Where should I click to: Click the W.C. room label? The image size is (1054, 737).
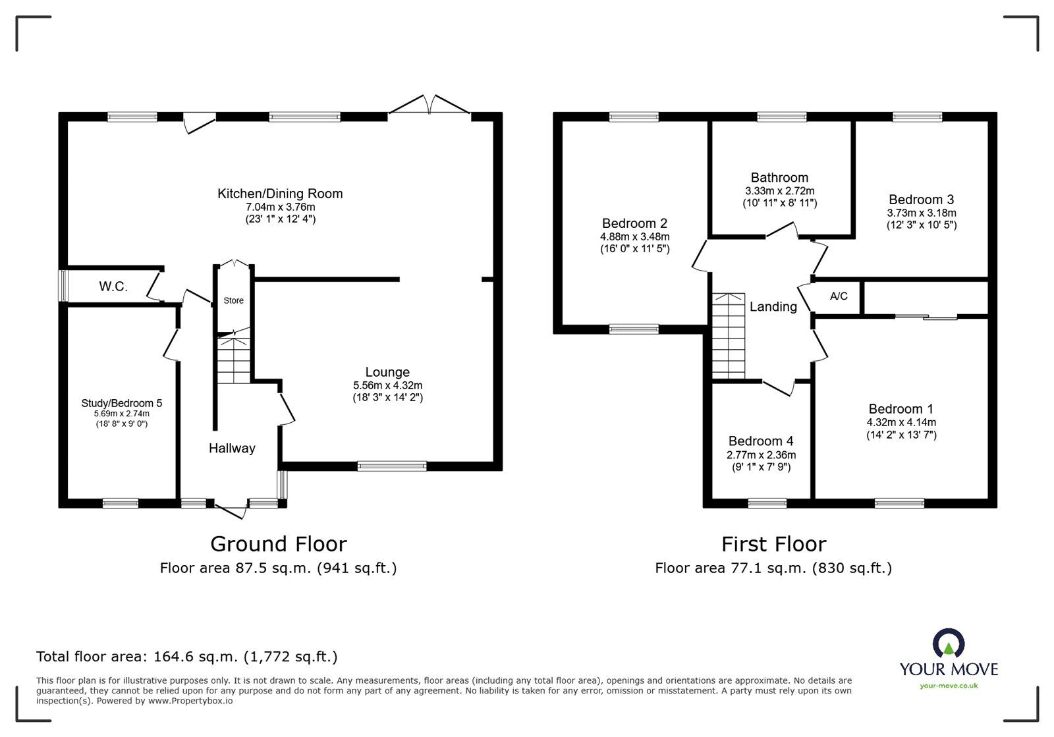[x=113, y=287]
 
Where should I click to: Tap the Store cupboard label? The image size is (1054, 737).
[x=233, y=300]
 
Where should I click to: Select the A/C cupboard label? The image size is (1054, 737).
[x=839, y=296]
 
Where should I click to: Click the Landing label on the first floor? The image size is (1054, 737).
[x=773, y=307]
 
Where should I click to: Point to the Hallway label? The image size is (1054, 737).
[x=232, y=449]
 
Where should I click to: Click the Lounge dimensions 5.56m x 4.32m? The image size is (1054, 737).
[x=387, y=386]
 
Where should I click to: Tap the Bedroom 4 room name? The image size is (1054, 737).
[x=761, y=441]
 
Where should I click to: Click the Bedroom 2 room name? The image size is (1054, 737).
[x=634, y=223]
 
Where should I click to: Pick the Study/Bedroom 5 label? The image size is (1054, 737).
[x=122, y=403]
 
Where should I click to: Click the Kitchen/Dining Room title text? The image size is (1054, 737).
[x=280, y=194]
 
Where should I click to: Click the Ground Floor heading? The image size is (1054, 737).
[x=278, y=544]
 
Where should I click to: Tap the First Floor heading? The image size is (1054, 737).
[x=773, y=544]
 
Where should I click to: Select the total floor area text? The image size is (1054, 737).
[x=187, y=657]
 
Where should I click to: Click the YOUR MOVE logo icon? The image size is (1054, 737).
[x=949, y=644]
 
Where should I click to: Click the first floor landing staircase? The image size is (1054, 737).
[x=728, y=336]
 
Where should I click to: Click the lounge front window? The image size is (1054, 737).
[x=392, y=466]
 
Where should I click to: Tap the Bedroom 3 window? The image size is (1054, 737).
[x=917, y=117]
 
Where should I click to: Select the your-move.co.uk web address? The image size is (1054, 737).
[x=949, y=686]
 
